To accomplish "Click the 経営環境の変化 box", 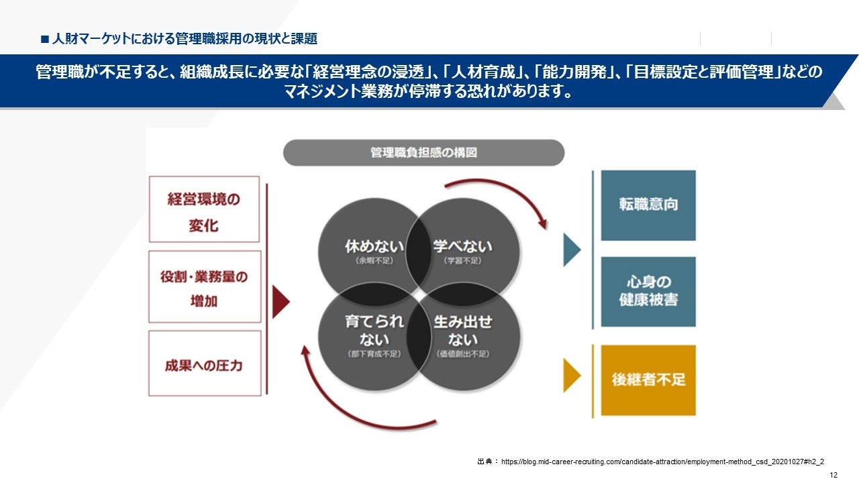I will point(204,209).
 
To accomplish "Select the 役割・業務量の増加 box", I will point(204,287).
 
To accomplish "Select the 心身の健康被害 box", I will point(648,291).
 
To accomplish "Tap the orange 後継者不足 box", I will point(648,380).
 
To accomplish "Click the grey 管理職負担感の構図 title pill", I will point(423,153).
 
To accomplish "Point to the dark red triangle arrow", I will point(281,302).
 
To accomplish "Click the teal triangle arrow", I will point(571,250).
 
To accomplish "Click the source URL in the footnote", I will point(662,462).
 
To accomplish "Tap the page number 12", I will point(833,475).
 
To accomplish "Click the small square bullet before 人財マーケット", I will point(45,39).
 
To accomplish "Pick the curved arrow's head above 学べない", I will point(541,221).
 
